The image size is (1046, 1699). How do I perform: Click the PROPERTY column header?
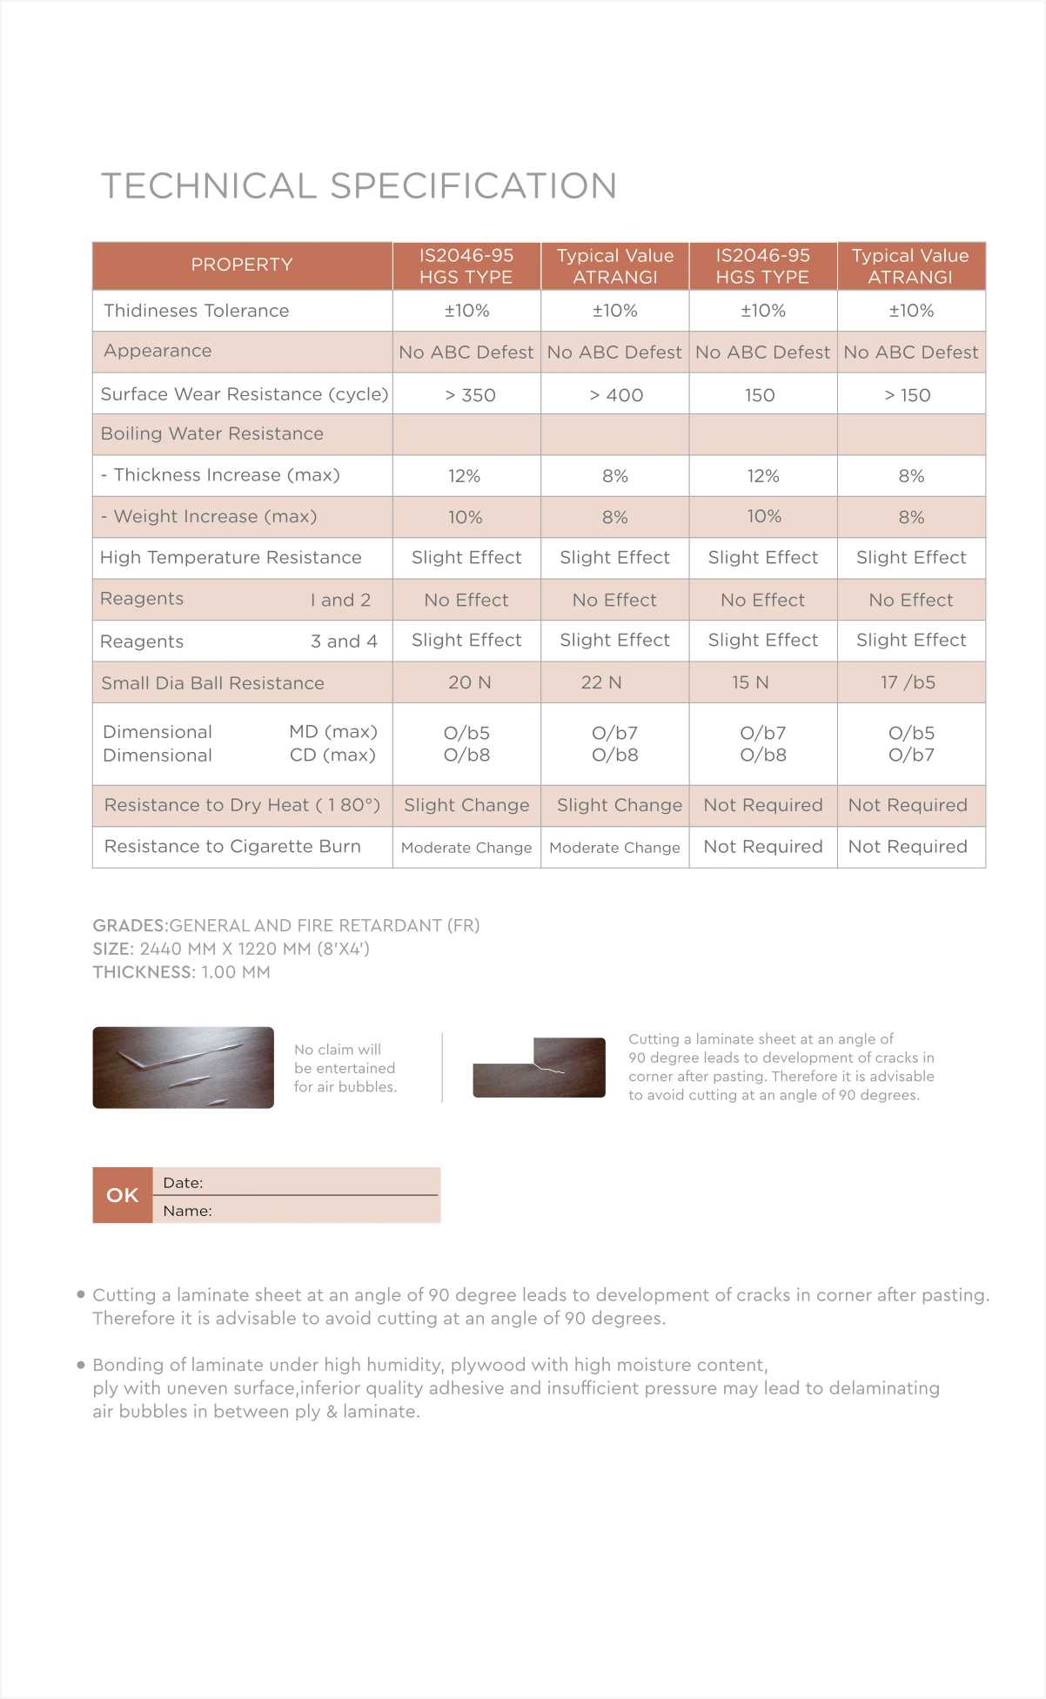click(x=242, y=265)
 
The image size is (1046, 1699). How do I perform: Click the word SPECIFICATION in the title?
click(x=473, y=186)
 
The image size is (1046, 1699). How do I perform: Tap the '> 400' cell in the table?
click(x=616, y=395)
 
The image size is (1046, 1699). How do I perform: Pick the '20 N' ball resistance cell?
click(x=469, y=682)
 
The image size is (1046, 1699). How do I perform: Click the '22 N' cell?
click(x=601, y=682)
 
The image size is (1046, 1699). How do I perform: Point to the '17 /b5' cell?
click(x=908, y=682)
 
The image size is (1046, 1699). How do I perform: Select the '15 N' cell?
click(x=750, y=682)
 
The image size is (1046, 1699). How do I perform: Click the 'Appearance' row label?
click(x=158, y=351)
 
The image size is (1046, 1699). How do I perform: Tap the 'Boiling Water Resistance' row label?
click(x=211, y=433)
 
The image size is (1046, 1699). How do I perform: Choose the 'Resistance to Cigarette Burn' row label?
click(x=232, y=846)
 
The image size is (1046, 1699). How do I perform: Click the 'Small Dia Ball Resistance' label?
click(x=212, y=683)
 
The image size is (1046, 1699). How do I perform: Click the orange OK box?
click(x=123, y=1195)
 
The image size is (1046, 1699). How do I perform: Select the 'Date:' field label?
click(x=183, y=1183)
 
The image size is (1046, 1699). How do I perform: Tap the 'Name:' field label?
click(x=187, y=1211)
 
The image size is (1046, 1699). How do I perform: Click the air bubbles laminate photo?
click(x=183, y=1067)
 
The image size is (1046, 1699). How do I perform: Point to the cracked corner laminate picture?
click(x=539, y=1067)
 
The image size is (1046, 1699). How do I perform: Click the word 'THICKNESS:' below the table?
click(x=144, y=972)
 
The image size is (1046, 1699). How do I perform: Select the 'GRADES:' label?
click(x=130, y=925)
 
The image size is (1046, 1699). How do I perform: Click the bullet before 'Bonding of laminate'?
click(x=81, y=1365)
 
